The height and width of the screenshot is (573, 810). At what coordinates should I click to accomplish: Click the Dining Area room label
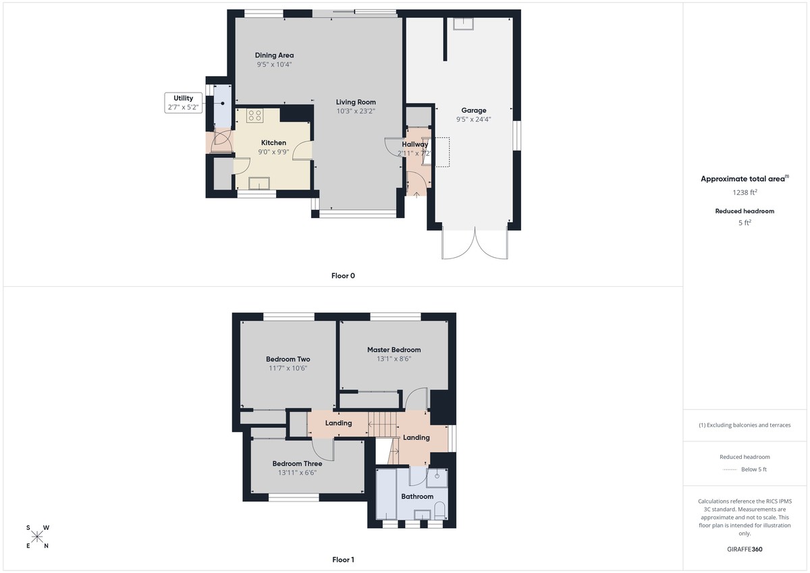click(x=274, y=55)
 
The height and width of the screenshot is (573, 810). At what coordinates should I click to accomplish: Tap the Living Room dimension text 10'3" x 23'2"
click(x=356, y=111)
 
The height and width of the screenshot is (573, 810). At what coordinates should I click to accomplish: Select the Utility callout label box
click(x=183, y=103)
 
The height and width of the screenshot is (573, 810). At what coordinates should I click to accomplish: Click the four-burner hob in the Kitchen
click(x=254, y=115)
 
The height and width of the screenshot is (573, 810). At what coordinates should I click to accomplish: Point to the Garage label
click(x=473, y=110)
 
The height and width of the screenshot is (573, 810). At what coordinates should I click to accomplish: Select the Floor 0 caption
click(x=343, y=275)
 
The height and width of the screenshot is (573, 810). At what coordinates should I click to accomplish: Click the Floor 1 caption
click(x=343, y=560)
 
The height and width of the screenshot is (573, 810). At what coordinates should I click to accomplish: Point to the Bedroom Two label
click(x=288, y=359)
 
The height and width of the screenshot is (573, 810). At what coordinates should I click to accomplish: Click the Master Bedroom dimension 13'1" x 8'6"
click(x=394, y=359)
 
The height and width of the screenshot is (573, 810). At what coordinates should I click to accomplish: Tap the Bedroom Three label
click(x=297, y=464)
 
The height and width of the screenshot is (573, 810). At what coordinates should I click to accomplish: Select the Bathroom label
click(x=417, y=497)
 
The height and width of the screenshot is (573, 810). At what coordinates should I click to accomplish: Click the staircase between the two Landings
click(x=382, y=425)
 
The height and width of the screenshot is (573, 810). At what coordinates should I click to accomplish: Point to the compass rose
click(x=37, y=537)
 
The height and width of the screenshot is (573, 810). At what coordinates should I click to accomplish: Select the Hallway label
click(x=414, y=144)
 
